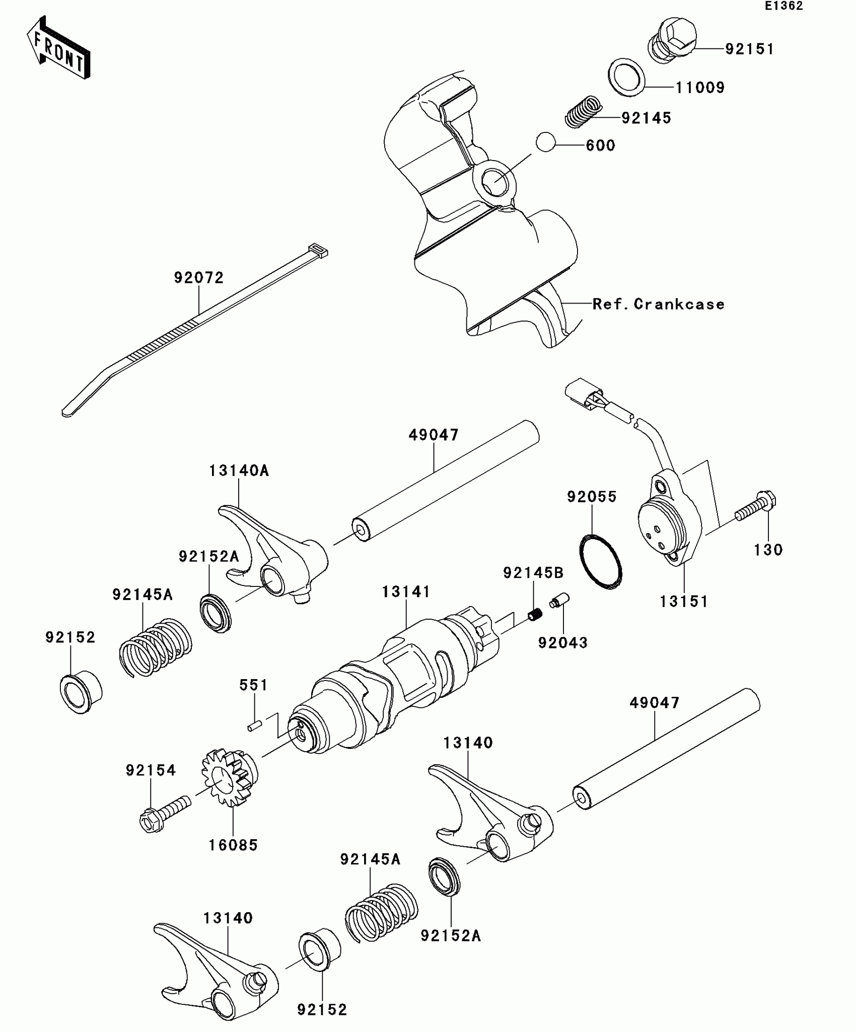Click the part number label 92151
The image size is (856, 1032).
(x=749, y=49)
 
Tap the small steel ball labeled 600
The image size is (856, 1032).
(x=545, y=142)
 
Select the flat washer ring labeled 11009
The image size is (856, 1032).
(x=626, y=77)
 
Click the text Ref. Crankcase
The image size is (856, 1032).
(x=658, y=304)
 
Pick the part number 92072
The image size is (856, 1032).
(x=198, y=277)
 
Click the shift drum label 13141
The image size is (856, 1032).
(x=405, y=592)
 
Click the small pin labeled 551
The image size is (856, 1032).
(x=255, y=725)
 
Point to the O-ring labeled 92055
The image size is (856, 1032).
(x=601, y=561)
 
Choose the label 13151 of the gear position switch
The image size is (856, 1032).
(x=684, y=601)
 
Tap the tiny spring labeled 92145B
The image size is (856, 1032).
(x=535, y=614)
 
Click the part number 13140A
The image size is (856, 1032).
(x=239, y=471)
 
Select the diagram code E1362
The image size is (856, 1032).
(x=783, y=6)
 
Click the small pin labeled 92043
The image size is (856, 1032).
(x=559, y=601)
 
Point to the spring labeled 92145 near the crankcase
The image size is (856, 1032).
(x=584, y=111)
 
